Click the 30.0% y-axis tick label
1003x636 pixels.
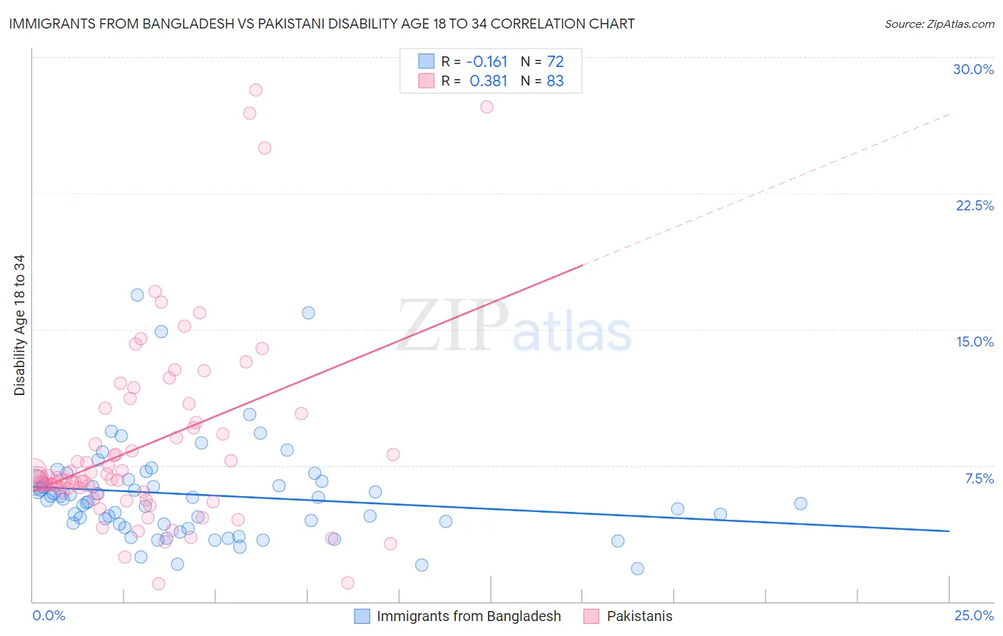tap(973, 69)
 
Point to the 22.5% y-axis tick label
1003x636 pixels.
tap(974, 205)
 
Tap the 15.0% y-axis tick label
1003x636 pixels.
tap(974, 342)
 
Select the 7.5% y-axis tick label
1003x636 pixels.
tap(979, 478)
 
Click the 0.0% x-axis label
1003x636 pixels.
tap(49, 615)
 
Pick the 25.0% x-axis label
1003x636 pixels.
tap(974, 615)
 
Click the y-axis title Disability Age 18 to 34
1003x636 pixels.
tap(19, 325)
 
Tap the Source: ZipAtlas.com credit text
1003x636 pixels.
tap(939, 24)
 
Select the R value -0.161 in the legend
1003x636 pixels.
tap(487, 61)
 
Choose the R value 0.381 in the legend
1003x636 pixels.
tap(488, 81)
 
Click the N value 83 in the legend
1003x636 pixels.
tap(555, 81)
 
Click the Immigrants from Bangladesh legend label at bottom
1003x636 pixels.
tap(469, 616)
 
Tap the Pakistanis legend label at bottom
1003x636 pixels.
tap(639, 616)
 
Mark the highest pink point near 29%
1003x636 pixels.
tap(255, 90)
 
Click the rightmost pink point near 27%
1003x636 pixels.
tap(487, 107)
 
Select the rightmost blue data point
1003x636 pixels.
tap(800, 503)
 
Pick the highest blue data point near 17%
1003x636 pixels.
tap(137, 295)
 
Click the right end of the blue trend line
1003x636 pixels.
tap(949, 531)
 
